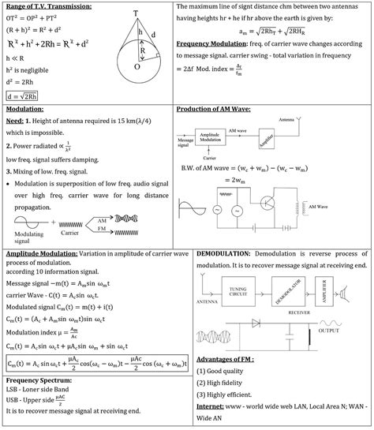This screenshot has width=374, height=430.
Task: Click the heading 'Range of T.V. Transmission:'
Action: point(47,7)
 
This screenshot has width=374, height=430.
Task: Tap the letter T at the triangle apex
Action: point(136,13)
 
